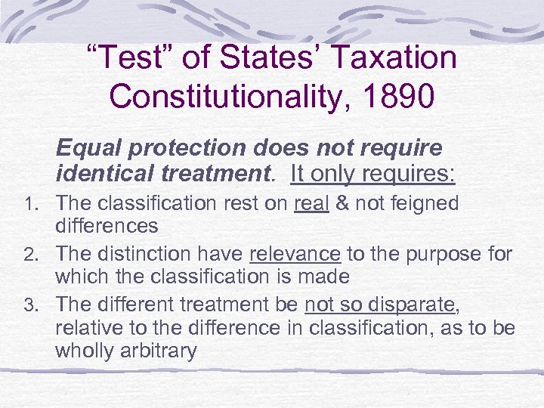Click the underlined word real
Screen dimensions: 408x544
(311, 203)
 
